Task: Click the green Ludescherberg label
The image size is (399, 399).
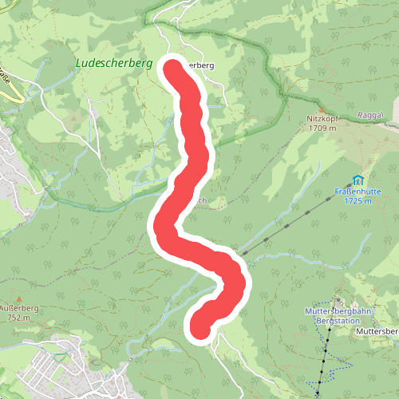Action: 114,61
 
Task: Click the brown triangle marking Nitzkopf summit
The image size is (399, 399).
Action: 322,109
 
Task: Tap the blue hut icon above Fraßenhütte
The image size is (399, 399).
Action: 358,180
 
